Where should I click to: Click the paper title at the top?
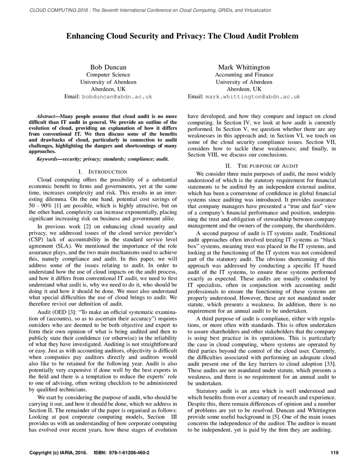pyautogui.click(x=182, y=35)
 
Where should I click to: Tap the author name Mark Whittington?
pyautogui.click(x=244, y=68)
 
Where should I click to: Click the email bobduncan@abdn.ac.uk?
pyautogui.click(x=117, y=97)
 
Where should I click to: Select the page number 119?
pyautogui.click(x=333, y=452)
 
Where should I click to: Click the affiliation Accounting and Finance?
pyautogui.click(x=244, y=75)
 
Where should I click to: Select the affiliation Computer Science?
pyautogui.click(x=109, y=75)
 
